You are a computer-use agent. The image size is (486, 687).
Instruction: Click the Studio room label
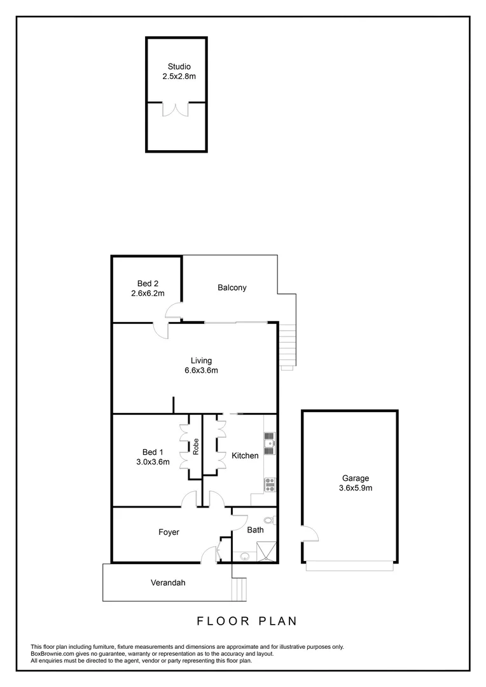click(x=179, y=66)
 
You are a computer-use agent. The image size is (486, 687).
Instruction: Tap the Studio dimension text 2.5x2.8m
click(x=179, y=76)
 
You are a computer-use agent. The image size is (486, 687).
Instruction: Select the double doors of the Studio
click(x=176, y=109)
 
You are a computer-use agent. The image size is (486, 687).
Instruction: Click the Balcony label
click(x=232, y=288)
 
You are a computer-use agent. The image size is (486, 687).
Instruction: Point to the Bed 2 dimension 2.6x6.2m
click(x=148, y=294)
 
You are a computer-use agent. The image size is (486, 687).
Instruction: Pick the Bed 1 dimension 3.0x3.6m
click(x=153, y=462)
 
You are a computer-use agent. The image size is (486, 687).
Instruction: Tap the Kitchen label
click(x=245, y=455)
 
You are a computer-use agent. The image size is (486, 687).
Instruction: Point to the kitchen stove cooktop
click(x=269, y=485)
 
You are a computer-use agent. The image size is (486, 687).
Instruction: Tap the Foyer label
click(x=169, y=532)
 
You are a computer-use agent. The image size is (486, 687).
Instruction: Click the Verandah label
click(x=168, y=582)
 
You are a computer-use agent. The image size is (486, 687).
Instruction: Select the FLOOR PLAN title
click(x=246, y=620)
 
